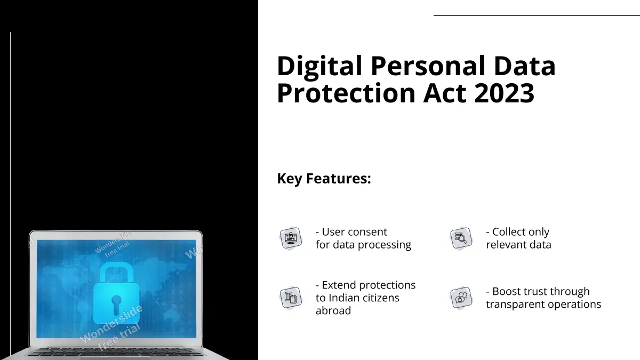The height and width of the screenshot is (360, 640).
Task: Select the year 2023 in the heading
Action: coord(504,93)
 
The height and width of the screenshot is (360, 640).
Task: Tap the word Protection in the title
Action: coord(346,93)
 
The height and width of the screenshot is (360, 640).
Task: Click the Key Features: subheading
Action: coord(324,178)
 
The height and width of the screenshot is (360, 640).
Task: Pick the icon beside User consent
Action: coord(291,238)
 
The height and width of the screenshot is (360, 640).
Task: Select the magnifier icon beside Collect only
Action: coord(461,238)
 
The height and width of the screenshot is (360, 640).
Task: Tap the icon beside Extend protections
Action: coord(291,298)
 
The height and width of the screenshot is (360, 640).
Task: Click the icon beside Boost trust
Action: coord(461,298)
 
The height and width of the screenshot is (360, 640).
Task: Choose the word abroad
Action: coord(333,310)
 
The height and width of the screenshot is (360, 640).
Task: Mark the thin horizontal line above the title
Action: coord(537,15)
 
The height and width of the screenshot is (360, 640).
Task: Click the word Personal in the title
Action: coord(428,66)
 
